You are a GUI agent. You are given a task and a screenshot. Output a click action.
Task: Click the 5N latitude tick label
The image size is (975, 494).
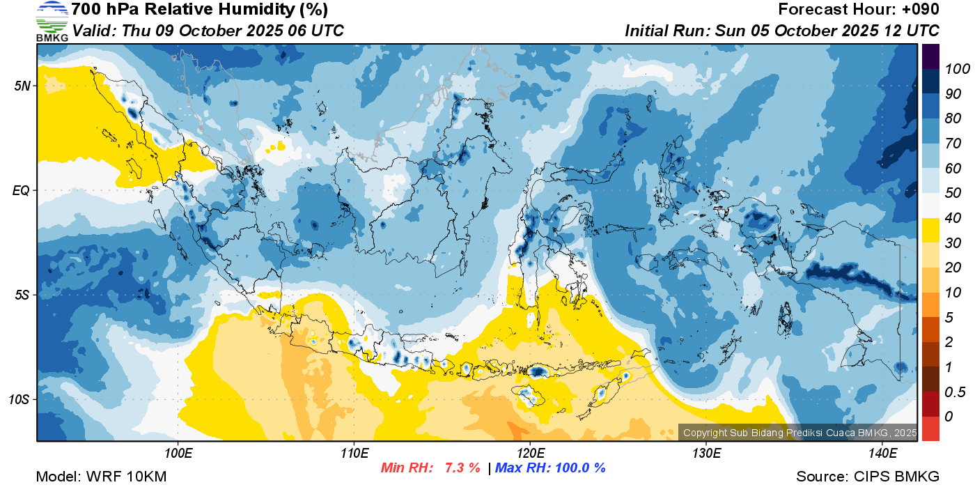(x=22, y=86)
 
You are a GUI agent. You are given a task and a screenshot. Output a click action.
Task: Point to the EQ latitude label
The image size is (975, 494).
(x=21, y=191)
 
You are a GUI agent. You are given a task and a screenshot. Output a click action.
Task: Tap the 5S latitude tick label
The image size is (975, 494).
(x=22, y=295)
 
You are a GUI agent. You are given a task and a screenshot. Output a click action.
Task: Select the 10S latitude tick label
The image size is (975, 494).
(x=19, y=400)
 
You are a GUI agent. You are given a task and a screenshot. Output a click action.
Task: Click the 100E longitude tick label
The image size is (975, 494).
(x=178, y=454)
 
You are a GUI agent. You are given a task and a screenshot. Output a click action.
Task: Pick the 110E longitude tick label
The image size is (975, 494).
(x=354, y=454)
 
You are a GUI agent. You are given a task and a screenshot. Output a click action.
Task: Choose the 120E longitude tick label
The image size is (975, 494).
(x=531, y=454)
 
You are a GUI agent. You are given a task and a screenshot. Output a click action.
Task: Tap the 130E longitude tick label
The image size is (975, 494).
(x=706, y=454)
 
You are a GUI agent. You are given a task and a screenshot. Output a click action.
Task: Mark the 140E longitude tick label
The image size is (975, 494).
(x=882, y=454)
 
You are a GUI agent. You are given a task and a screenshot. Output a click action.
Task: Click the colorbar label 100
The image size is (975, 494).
(x=957, y=69)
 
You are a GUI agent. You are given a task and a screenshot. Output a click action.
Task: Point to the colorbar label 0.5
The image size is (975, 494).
(x=955, y=392)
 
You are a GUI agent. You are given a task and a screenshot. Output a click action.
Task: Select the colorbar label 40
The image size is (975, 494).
(x=953, y=218)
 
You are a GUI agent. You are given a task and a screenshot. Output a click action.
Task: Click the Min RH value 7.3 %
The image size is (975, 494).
(x=462, y=468)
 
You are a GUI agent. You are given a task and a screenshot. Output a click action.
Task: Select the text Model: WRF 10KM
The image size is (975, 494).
(x=101, y=477)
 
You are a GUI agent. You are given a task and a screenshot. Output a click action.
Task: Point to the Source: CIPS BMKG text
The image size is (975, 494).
(x=868, y=477)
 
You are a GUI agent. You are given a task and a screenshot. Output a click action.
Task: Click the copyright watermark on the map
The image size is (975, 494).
(x=799, y=433)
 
